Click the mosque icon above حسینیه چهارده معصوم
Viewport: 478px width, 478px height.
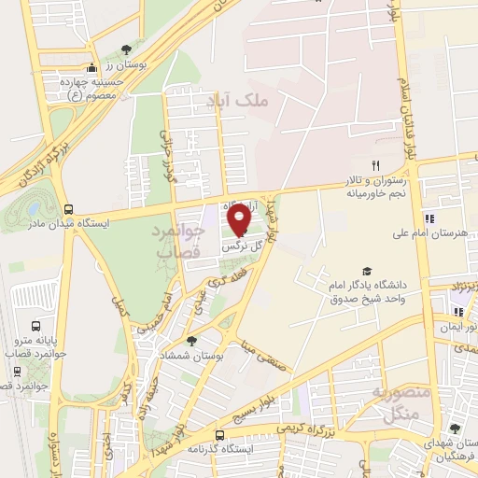(91, 67)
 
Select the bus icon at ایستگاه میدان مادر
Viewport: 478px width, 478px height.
(68, 209)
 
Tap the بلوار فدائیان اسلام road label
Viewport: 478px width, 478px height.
(408, 112)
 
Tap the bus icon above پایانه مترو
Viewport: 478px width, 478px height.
(35, 327)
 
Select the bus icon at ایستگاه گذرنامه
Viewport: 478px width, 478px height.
(219, 435)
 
